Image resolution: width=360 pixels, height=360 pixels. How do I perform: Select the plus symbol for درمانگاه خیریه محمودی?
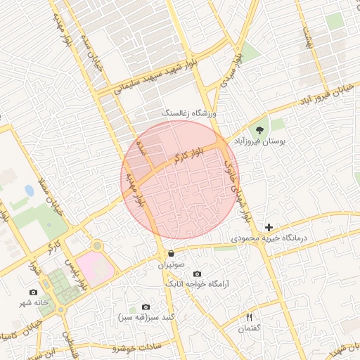(269, 227)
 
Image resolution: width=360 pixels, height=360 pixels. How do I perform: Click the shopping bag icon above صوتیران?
(172, 253)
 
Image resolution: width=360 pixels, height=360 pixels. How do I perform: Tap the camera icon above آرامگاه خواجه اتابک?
(196, 274)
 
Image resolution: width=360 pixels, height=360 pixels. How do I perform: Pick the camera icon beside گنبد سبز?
(146, 307)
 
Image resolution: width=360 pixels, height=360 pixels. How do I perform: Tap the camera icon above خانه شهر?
(33, 292)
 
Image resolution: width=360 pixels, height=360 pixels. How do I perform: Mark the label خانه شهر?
(34, 303)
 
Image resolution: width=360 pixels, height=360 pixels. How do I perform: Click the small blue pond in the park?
(29, 191)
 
